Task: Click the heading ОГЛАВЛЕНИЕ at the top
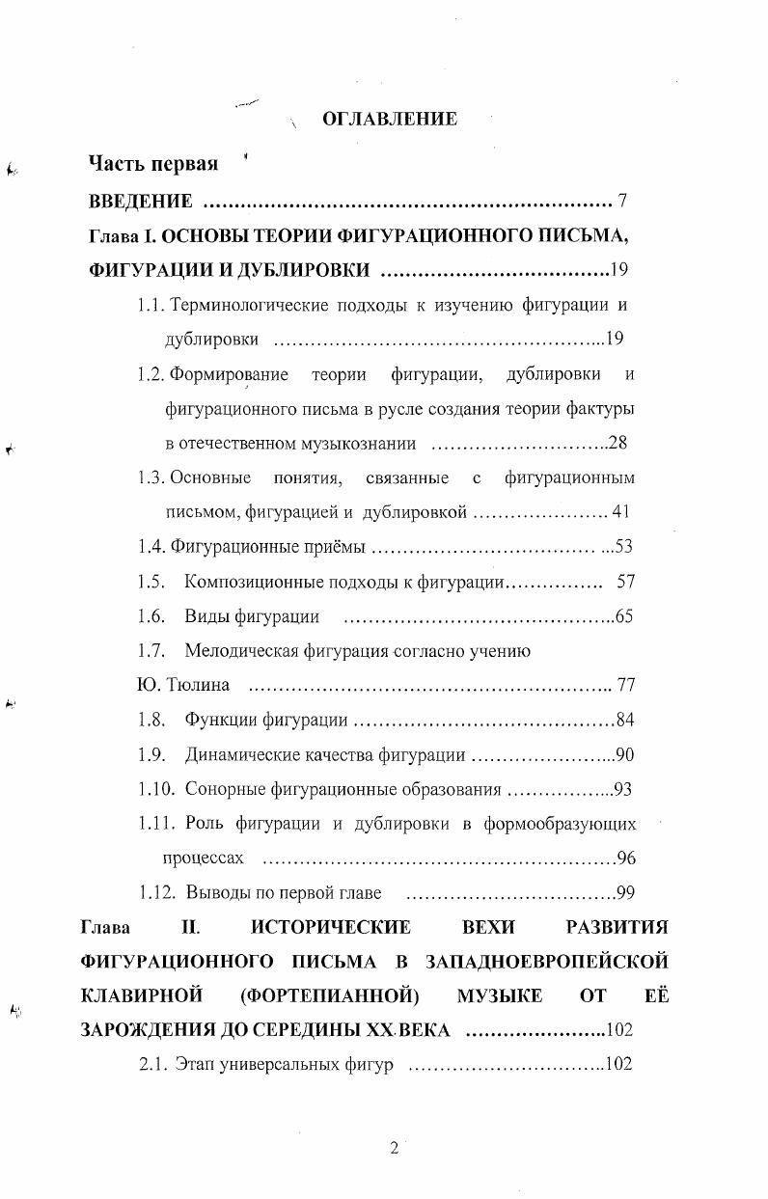389,120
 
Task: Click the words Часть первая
153,163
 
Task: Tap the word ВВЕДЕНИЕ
141,202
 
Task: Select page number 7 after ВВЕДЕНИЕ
623,202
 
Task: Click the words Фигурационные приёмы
268,548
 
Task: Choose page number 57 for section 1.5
624,582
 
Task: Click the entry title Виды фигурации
253,616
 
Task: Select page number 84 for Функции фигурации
624,721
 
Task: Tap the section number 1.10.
155,790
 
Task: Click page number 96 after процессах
625,858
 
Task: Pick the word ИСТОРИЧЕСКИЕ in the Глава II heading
330,928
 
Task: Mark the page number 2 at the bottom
394,1148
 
